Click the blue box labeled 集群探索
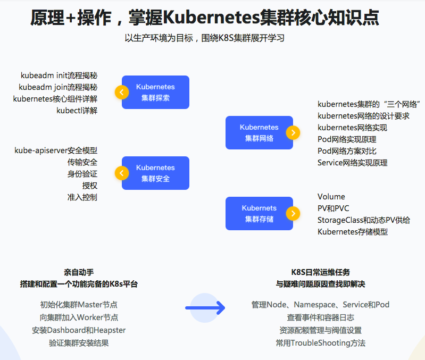point(155,92)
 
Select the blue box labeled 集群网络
point(259,132)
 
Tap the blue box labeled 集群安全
point(155,173)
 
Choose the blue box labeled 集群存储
point(259,213)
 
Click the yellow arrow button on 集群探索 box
point(122,92)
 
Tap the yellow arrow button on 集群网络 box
point(293,132)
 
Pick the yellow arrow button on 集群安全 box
point(122,173)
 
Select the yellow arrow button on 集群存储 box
point(293,213)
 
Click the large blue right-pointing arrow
point(205,308)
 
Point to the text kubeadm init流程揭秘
point(59,76)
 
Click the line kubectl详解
point(77,111)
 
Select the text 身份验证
point(82,174)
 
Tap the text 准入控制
point(82,197)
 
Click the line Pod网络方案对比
point(347,151)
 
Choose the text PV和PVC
point(334,208)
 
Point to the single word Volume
point(331,197)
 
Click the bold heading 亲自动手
point(79,272)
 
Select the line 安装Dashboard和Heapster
point(79,330)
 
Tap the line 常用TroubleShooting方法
point(320,343)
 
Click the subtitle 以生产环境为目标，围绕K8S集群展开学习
point(205,38)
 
